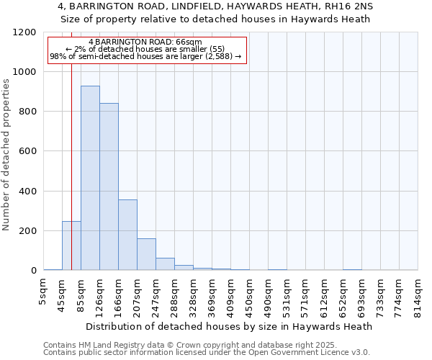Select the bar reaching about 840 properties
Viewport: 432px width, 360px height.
pyautogui.click(x=109, y=186)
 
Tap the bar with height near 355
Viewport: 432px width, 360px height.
pyautogui.click(x=127, y=235)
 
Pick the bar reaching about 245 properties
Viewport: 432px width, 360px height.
pyautogui.click(x=71, y=246)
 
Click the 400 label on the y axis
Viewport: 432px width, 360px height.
pyautogui.click(x=27, y=192)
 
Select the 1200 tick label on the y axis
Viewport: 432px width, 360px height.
pyautogui.click(x=24, y=32)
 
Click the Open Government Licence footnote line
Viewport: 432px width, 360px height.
pyautogui.click(x=207, y=353)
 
